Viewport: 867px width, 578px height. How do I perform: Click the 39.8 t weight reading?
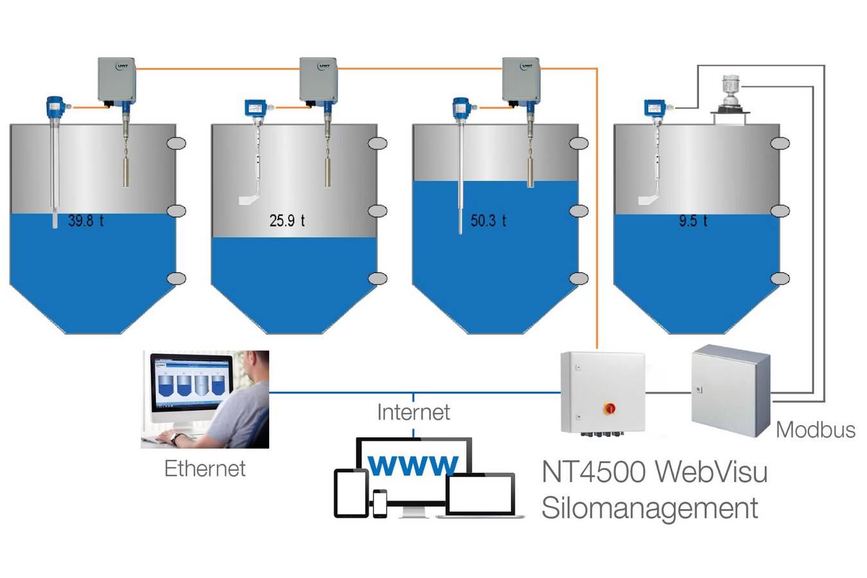coord(85,221)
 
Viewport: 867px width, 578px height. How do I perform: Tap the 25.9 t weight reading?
coord(286,221)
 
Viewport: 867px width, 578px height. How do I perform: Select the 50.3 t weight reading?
coord(488,221)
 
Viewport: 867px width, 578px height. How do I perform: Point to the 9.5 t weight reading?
coord(693,221)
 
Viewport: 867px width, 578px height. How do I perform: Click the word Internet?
coord(413,412)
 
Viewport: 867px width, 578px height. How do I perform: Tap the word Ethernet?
coord(205,469)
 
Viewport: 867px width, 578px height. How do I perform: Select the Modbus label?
coord(815,430)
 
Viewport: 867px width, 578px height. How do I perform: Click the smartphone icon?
coord(380,503)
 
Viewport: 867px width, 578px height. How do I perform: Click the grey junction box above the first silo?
coord(116,80)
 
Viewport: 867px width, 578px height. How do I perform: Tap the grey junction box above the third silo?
coord(520,80)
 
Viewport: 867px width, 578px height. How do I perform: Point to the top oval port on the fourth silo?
coord(780,143)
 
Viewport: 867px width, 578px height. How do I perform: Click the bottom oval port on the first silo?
coord(176,278)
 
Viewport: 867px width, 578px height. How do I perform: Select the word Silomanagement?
coord(649,508)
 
